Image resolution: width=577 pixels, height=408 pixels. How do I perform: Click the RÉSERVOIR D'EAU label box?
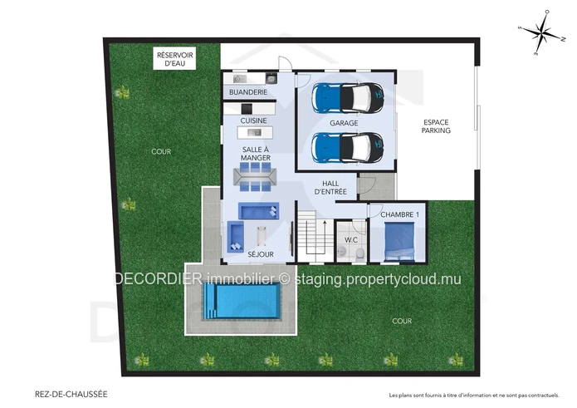[x=174, y=58]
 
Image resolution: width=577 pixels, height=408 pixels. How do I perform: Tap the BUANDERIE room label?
[x=248, y=92]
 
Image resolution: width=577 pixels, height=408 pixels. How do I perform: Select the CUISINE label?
[x=253, y=120]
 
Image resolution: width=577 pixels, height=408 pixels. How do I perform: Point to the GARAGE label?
[x=344, y=123]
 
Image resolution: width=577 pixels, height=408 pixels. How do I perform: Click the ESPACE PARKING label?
[x=436, y=126]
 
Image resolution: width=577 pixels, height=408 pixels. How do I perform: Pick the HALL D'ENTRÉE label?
[x=330, y=188]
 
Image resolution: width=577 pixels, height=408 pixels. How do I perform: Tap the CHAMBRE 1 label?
[x=399, y=214]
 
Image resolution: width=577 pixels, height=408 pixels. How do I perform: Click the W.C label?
[x=351, y=239]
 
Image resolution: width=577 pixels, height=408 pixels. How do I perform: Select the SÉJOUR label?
[x=261, y=254]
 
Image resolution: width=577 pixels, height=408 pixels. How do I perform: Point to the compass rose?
[x=541, y=32]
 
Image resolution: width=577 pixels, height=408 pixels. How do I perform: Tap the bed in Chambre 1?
[x=399, y=241]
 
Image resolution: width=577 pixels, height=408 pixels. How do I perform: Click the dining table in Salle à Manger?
[x=255, y=177]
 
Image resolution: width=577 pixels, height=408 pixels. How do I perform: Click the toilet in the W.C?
[x=359, y=253]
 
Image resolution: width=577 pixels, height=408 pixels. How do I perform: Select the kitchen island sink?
[x=255, y=132]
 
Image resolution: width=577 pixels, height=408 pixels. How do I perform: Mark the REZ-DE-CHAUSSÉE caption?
[x=71, y=394]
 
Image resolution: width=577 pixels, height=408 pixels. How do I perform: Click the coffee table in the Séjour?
[x=262, y=236]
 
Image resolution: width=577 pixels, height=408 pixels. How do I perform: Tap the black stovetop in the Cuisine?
[x=247, y=109]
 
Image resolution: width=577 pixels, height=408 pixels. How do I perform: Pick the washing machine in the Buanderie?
[x=237, y=78]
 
